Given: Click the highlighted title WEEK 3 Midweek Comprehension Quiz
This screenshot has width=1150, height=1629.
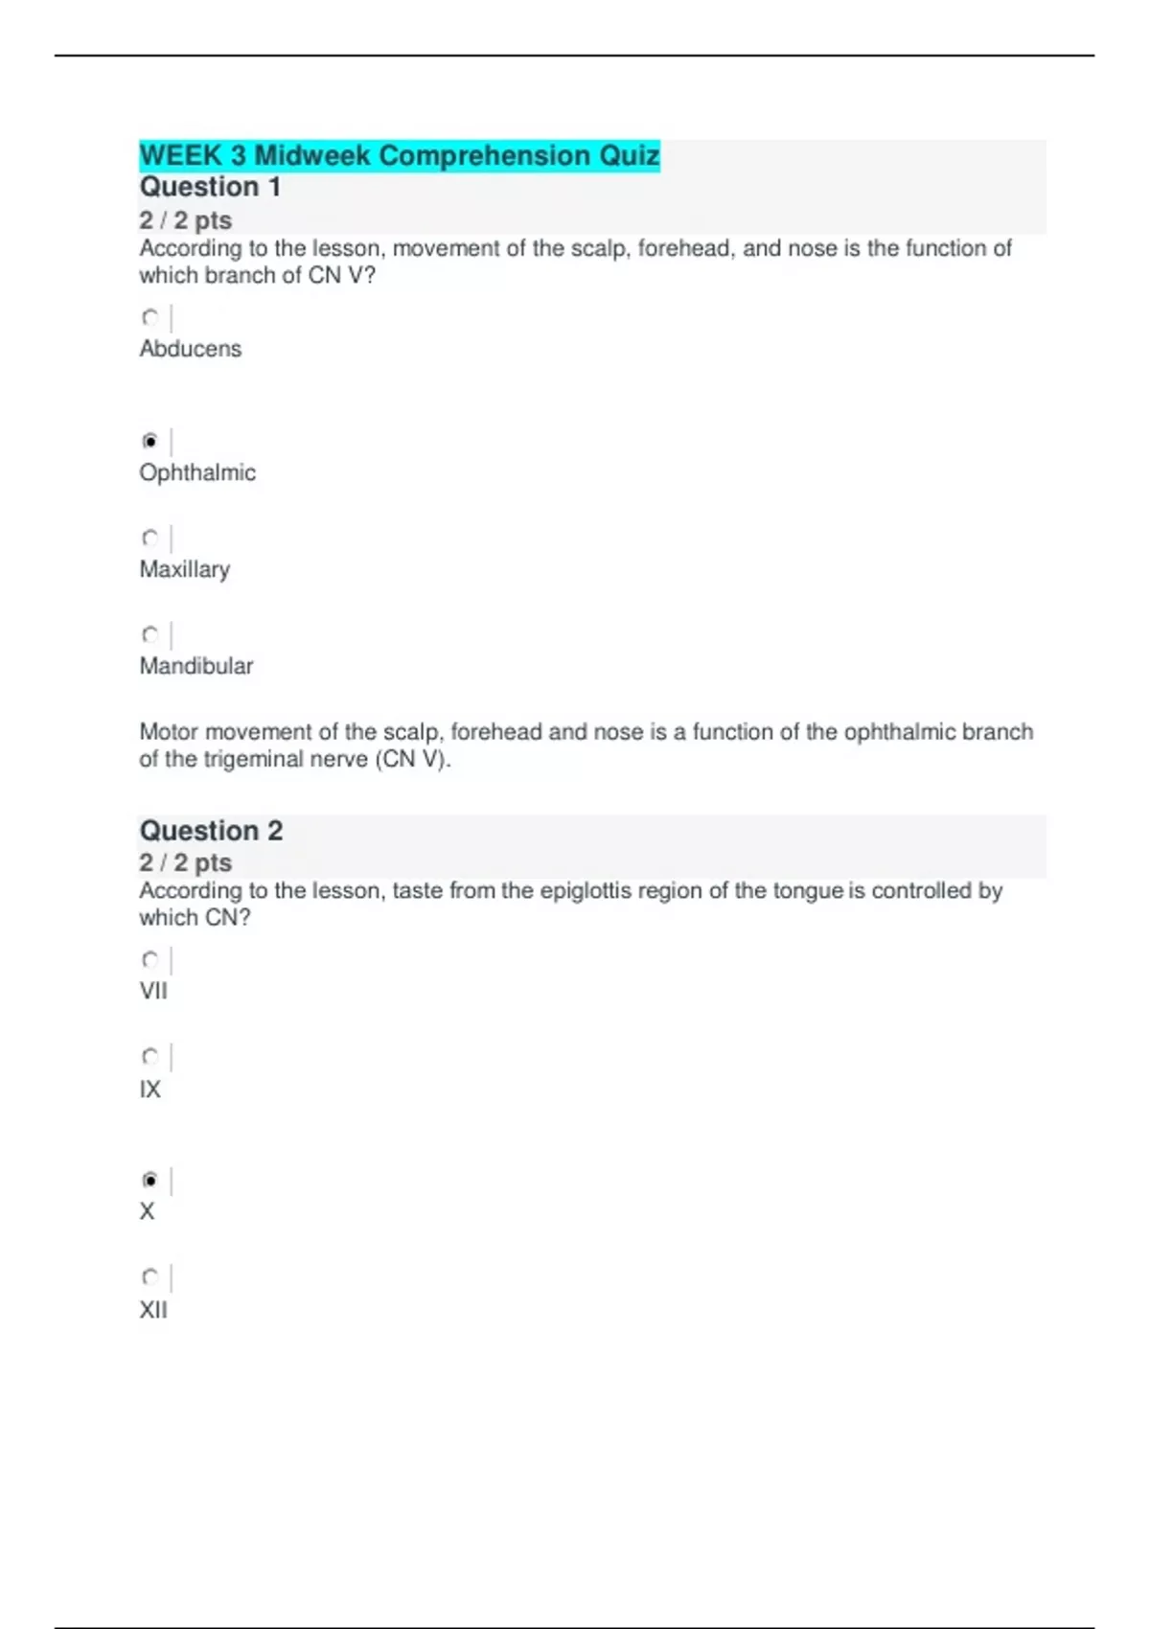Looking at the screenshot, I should [x=399, y=155].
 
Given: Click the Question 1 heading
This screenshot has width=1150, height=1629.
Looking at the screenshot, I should [x=210, y=187].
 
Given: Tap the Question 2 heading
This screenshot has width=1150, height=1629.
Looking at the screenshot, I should [x=211, y=831].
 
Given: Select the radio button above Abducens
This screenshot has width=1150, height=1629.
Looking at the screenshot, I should [x=150, y=317].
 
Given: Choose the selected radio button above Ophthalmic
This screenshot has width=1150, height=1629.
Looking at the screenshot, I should [x=150, y=442].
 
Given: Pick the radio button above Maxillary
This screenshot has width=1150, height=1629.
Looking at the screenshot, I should [x=150, y=538].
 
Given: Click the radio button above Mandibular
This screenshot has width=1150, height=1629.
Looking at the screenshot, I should [x=150, y=634].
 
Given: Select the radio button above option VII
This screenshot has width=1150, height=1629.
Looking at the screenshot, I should [x=150, y=959].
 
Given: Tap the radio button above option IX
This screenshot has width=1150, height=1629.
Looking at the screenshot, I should [x=150, y=1056].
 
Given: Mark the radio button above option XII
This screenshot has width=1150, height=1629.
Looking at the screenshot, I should [x=150, y=1276].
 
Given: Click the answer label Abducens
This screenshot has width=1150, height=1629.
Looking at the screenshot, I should [x=190, y=349].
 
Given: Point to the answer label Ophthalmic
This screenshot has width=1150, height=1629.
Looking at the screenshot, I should [x=197, y=473].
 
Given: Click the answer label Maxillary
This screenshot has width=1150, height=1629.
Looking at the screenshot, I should [x=184, y=570].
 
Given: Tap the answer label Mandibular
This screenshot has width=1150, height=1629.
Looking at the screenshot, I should [x=195, y=666].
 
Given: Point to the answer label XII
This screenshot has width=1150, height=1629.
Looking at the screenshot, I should [x=153, y=1310].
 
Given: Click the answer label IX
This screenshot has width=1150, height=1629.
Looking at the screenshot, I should [x=149, y=1090].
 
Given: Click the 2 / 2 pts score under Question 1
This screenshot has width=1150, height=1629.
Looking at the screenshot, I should [x=185, y=220].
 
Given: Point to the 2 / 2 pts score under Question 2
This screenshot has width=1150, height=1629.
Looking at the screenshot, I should [x=185, y=862].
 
